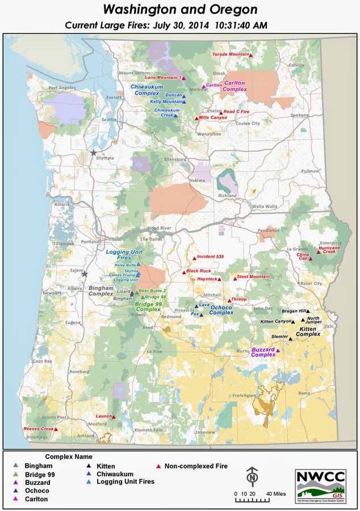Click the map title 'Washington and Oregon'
click(x=180, y=10)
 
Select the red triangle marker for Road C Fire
click(x=221, y=112)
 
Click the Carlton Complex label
click(x=235, y=86)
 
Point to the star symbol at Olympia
click(x=94, y=153)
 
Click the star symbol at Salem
click(x=85, y=274)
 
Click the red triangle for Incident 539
click(x=194, y=258)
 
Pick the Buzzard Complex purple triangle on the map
click(x=278, y=351)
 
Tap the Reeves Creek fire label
click(x=38, y=429)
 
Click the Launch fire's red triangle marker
click(x=114, y=417)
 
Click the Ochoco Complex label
click(x=221, y=311)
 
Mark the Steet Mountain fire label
click(x=253, y=277)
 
